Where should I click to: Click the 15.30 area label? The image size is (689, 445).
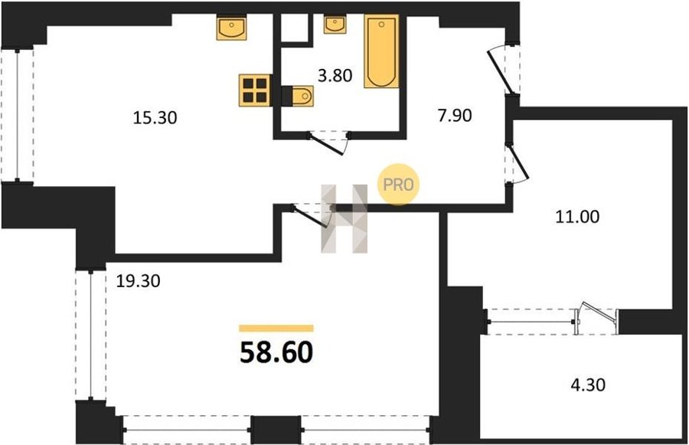coord(155,118)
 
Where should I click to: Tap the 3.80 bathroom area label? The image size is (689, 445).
coord(335,76)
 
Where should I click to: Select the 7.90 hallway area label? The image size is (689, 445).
coord(455,115)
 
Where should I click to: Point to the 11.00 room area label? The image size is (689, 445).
coord(577,217)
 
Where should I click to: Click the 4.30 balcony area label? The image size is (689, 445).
coord(588,384)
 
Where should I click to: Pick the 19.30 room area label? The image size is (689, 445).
coord(138,280)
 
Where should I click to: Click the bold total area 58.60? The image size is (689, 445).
coord(276,352)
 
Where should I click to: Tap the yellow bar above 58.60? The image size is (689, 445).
coord(276,328)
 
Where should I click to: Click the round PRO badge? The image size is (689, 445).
coord(398,185)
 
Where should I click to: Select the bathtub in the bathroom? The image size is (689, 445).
coord(381,51)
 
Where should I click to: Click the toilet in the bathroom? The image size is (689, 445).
coord(298,96)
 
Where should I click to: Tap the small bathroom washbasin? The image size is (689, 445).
coord(335,24)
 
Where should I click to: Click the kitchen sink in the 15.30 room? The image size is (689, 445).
coord(231,27)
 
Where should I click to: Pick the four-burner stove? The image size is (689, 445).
coord(254,90)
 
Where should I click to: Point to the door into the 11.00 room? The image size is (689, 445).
coord(518,164)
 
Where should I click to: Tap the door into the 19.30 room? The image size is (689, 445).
coord(310,215)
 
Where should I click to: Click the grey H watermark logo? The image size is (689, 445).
coord(344,218)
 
